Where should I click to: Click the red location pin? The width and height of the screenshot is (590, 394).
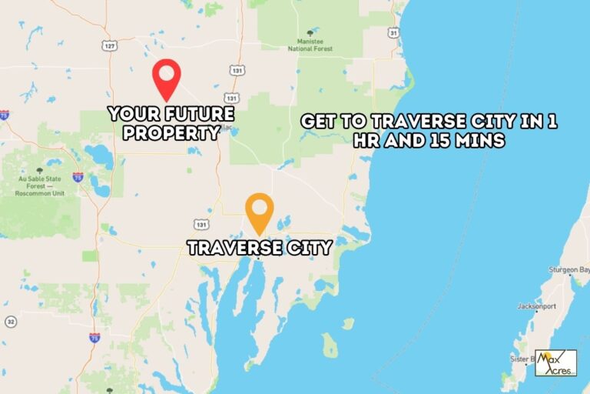166,77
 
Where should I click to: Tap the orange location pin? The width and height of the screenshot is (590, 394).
260,210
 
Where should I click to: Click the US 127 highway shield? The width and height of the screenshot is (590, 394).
111,46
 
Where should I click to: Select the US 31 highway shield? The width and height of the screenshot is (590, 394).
394,33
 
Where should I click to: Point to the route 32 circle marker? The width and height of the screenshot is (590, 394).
10,321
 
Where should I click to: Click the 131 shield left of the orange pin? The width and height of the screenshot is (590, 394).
201,225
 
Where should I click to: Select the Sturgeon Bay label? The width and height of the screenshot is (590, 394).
568,270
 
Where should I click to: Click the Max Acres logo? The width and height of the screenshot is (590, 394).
555,362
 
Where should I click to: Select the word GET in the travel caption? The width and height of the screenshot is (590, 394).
318,122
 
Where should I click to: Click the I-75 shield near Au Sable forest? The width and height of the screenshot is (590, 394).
78,177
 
